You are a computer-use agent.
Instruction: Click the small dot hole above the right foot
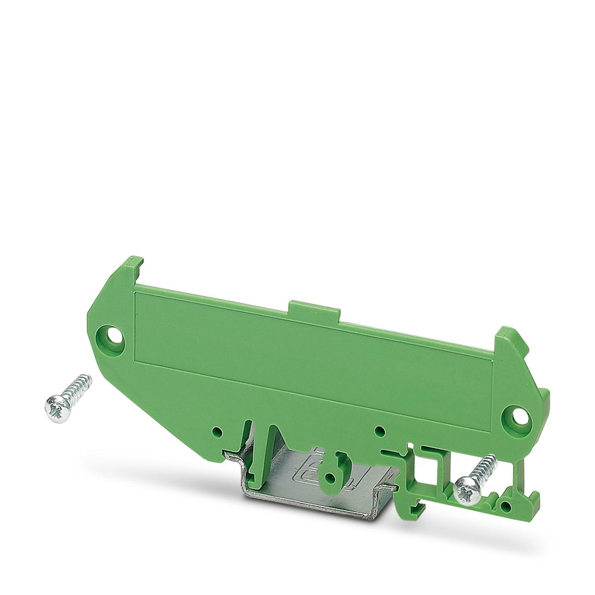379,430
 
